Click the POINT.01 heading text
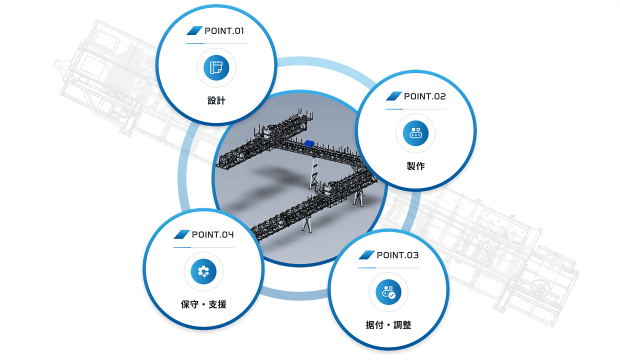(224, 31)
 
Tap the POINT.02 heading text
(425, 96)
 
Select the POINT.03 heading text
(397, 255)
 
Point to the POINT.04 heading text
(213, 234)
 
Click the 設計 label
(216, 100)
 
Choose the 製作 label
(415, 166)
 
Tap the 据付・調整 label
(388, 325)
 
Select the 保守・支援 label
(203, 304)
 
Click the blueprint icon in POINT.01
(216, 68)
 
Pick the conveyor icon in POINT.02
(415, 133)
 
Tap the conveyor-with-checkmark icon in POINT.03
(388, 292)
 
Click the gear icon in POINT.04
(203, 271)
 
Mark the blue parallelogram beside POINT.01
(194, 30)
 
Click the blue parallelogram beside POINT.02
(394, 96)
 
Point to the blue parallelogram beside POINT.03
(366, 255)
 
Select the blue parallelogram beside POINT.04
(182, 234)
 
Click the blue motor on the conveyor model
(309, 143)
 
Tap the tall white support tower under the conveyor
(314, 173)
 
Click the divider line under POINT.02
(415, 109)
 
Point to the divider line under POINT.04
(203, 247)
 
